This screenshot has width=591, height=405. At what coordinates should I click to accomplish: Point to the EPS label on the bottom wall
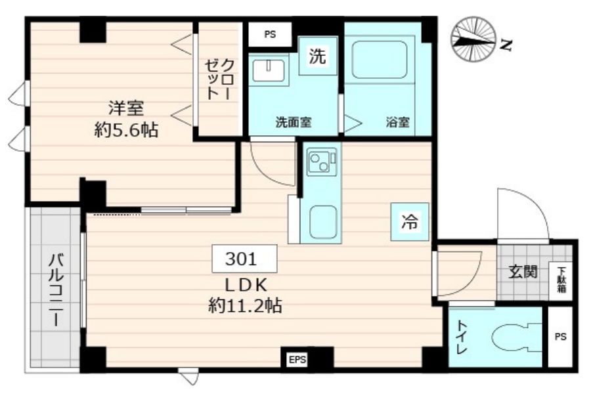[297, 359]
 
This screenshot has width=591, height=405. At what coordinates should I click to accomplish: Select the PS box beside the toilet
[559, 337]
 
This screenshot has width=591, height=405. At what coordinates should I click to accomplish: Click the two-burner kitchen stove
[322, 161]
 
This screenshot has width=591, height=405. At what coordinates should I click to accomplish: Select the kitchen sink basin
[322, 219]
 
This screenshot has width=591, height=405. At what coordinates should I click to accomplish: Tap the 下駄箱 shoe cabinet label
[562, 278]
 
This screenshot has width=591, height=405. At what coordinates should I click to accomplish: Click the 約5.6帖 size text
[125, 130]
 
